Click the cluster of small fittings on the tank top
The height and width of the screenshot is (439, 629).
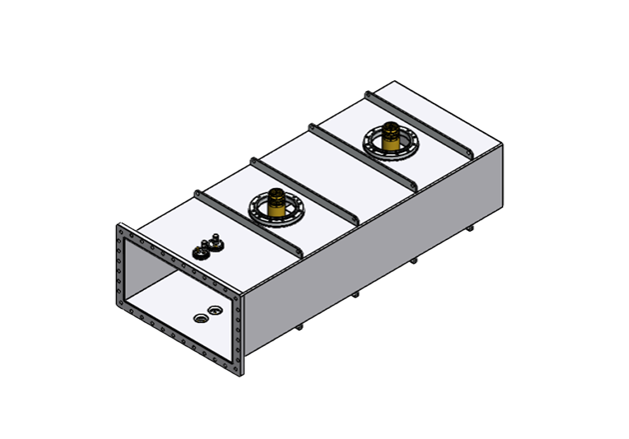(209, 247)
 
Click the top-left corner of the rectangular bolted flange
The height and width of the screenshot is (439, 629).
(119, 230)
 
